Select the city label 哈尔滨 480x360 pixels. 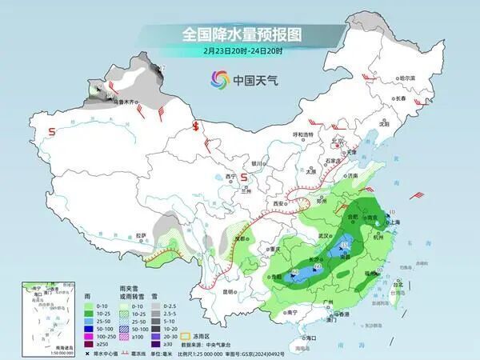point(407,78)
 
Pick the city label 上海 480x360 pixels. point(393,223)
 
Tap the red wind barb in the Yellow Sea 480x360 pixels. point(416,194)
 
